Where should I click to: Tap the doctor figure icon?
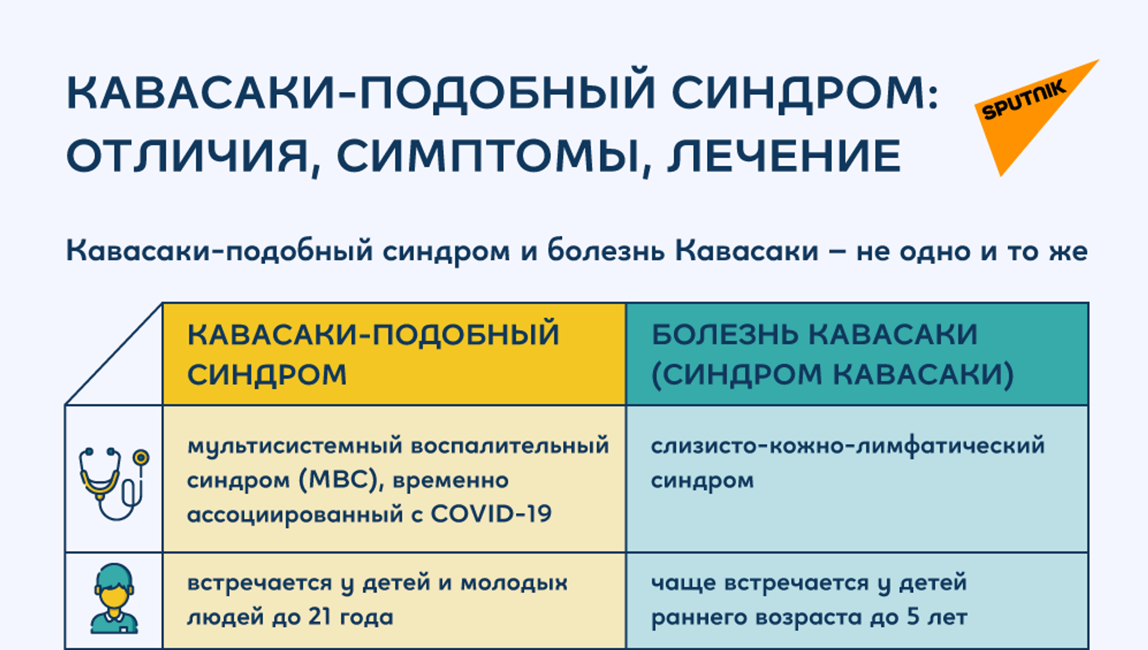pos(114,599)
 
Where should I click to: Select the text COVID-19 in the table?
pos(491,514)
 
